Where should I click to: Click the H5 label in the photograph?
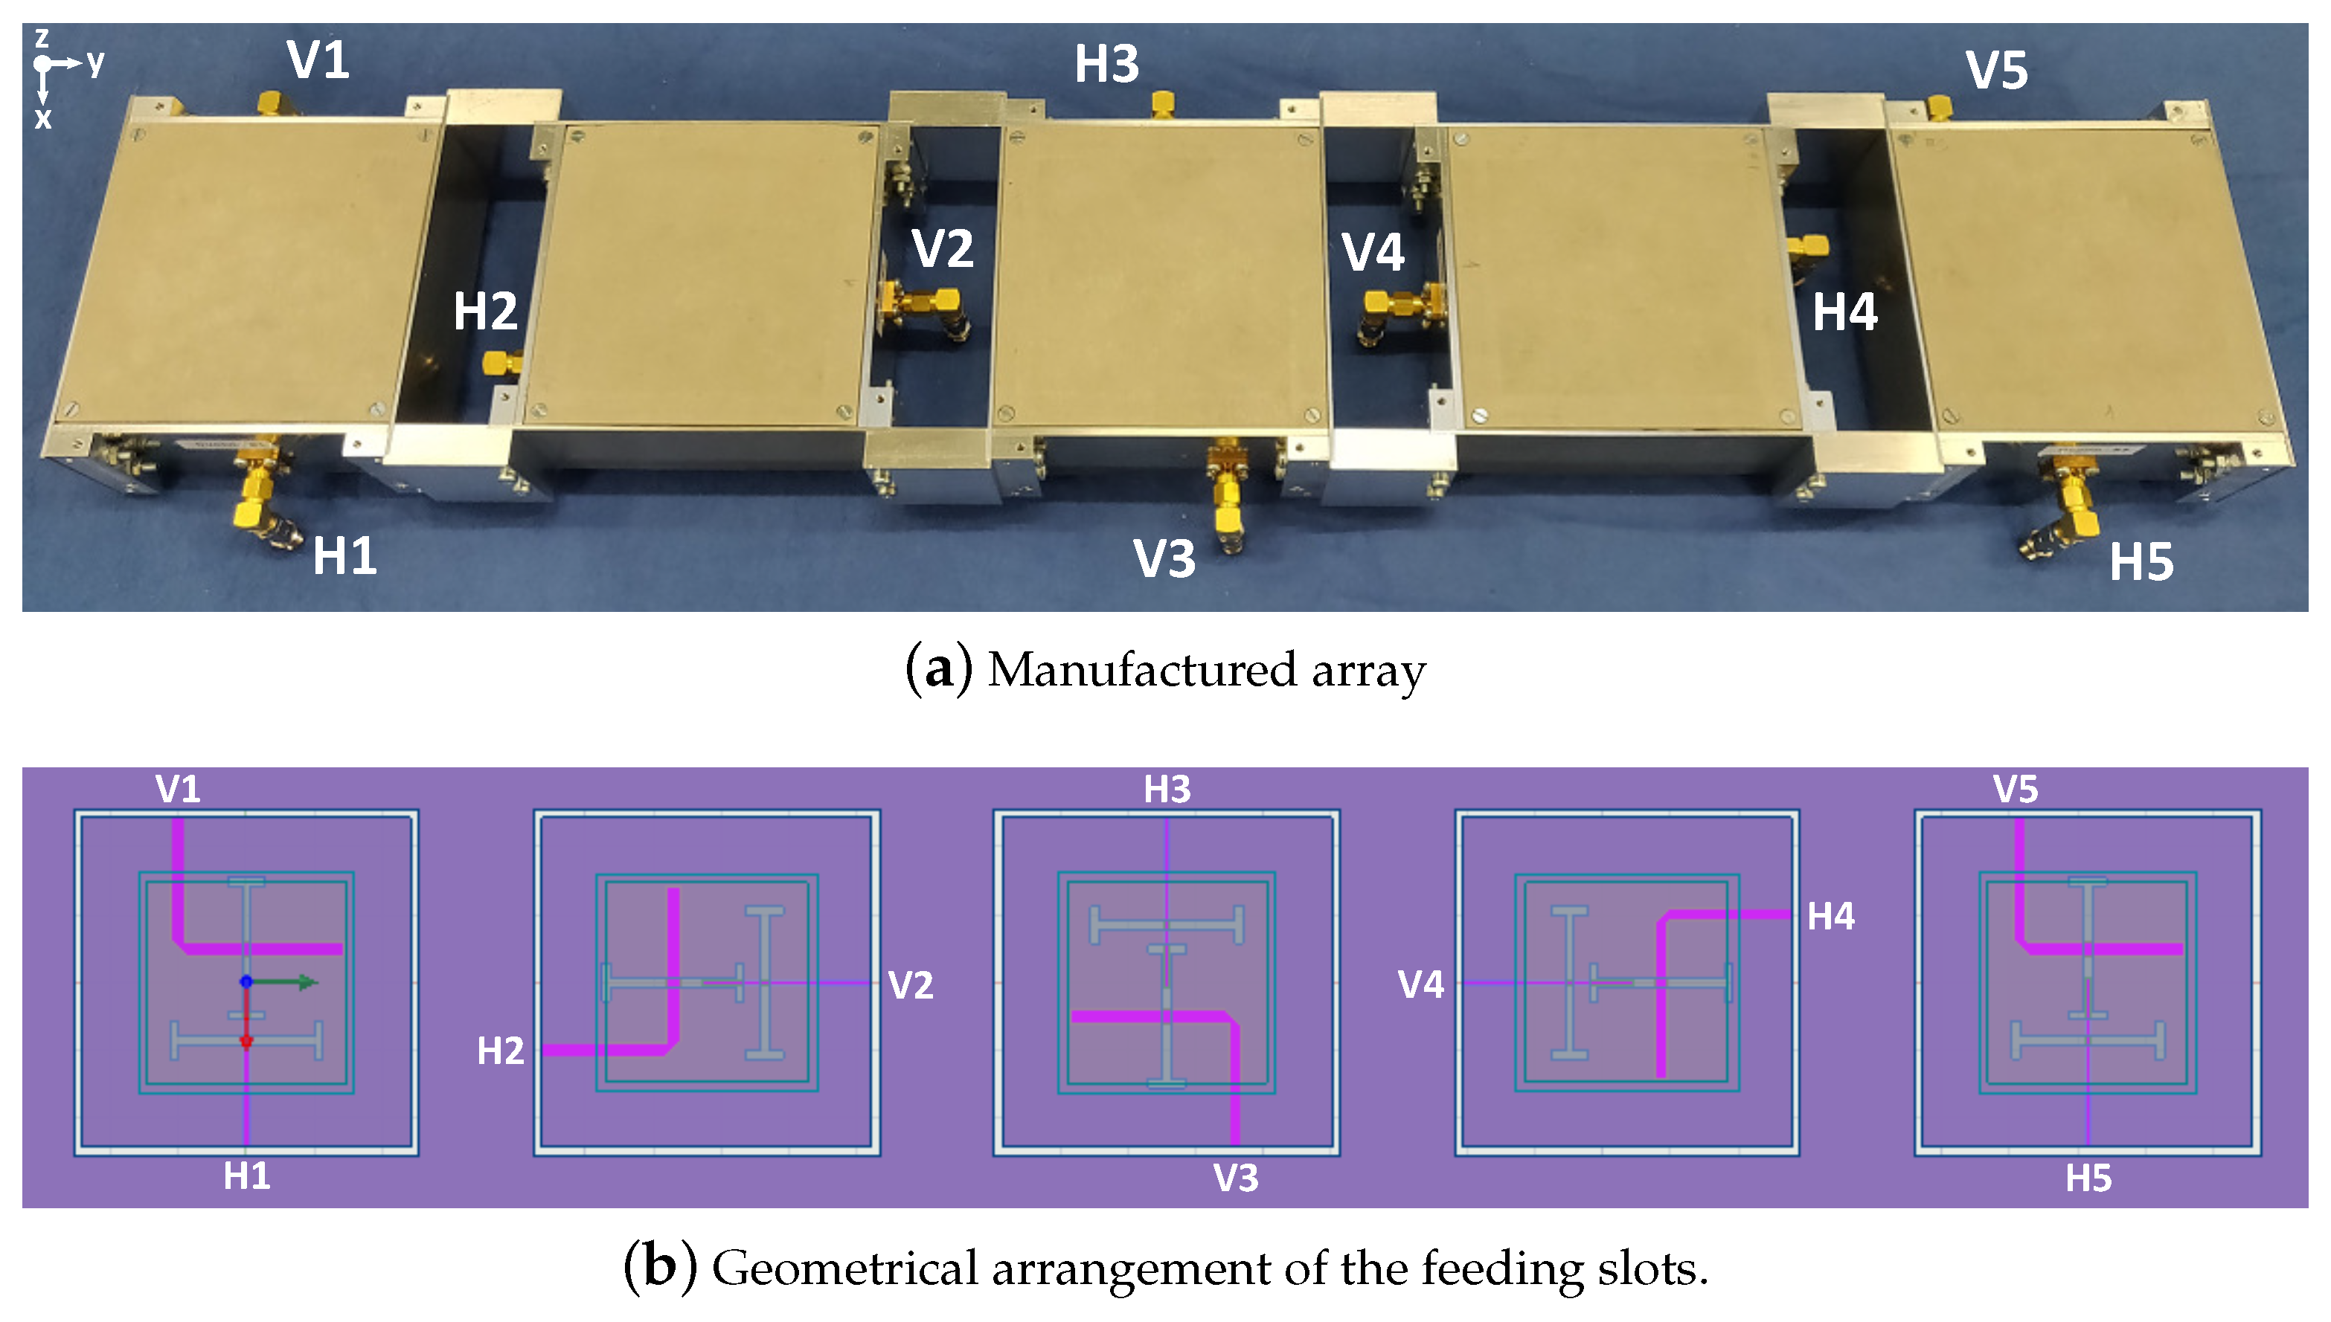click(x=2141, y=562)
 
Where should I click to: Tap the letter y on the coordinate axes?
click(x=95, y=62)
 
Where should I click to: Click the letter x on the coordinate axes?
click(x=42, y=118)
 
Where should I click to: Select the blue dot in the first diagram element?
click(x=246, y=981)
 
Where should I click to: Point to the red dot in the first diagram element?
click(x=246, y=1040)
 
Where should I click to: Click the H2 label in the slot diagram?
click(x=501, y=1051)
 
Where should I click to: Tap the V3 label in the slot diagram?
click(x=1236, y=1178)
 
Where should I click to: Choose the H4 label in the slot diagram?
click(x=1830, y=916)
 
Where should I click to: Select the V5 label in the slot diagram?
click(x=2015, y=789)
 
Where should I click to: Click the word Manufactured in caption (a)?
click(x=1142, y=670)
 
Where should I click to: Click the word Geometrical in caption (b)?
click(x=844, y=1268)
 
